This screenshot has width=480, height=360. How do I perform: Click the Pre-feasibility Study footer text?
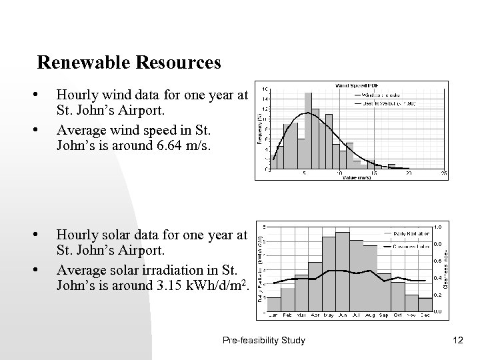coord(264,340)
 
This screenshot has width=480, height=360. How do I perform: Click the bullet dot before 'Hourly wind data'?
coord(43,95)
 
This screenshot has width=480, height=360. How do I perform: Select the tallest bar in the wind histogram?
coord(308,131)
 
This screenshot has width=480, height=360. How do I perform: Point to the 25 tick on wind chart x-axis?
coord(443,174)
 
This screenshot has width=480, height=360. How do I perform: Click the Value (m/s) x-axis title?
coord(358,178)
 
